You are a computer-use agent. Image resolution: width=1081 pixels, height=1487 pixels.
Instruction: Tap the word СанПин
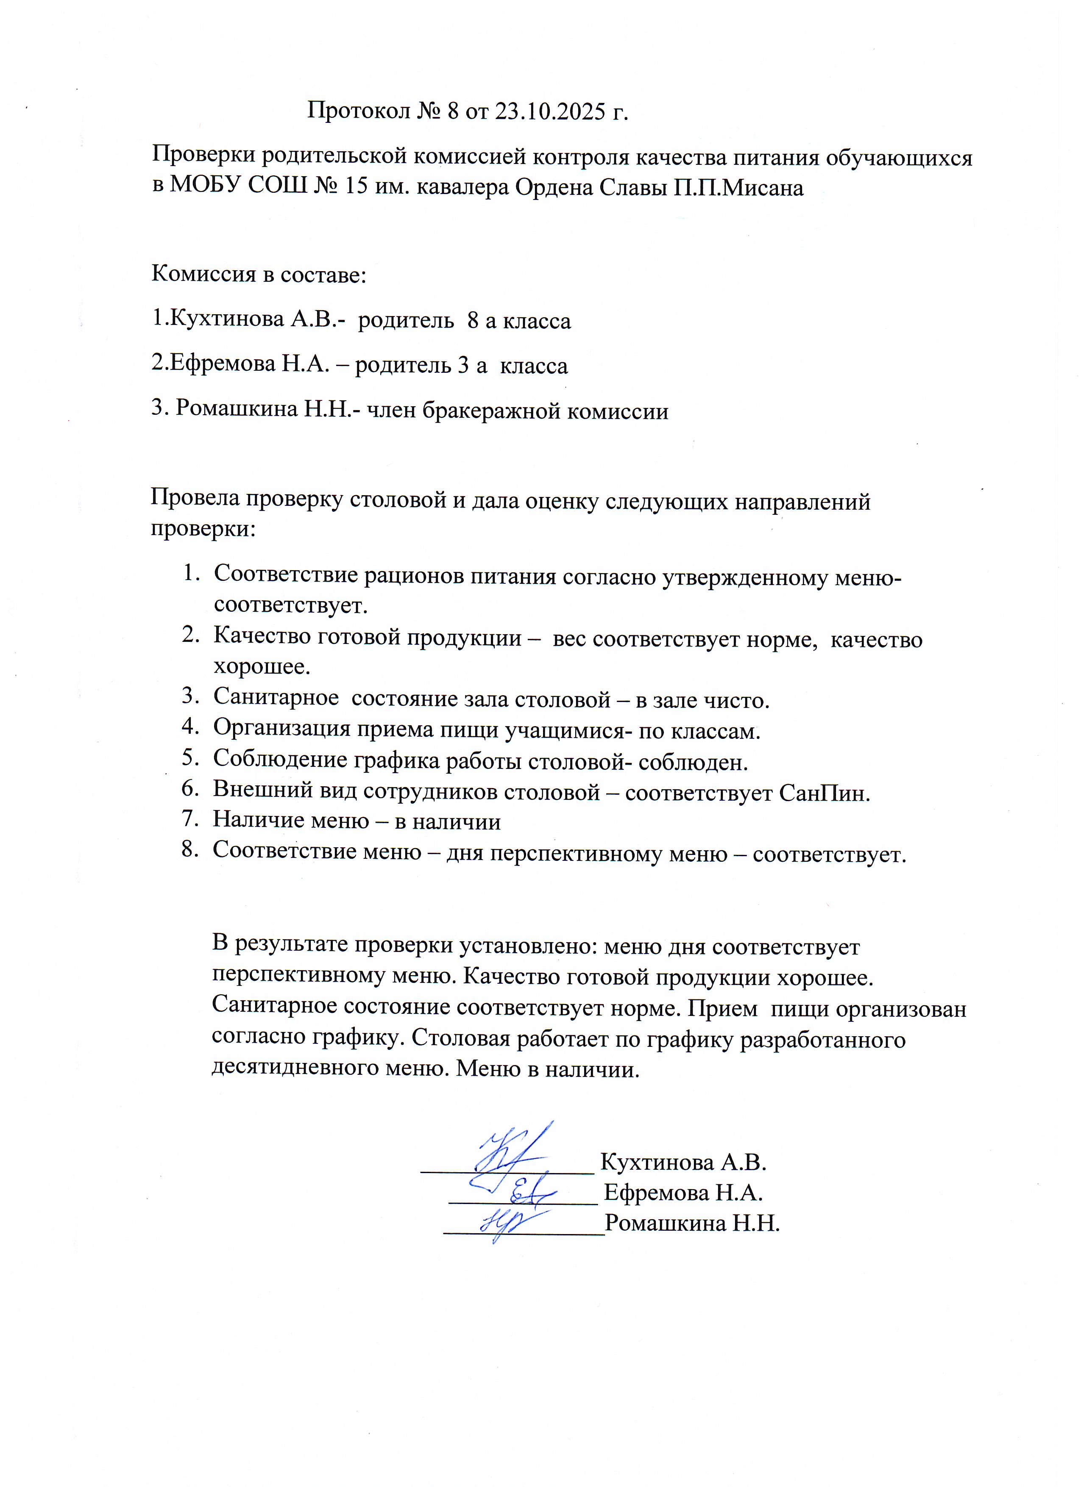coord(824,793)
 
